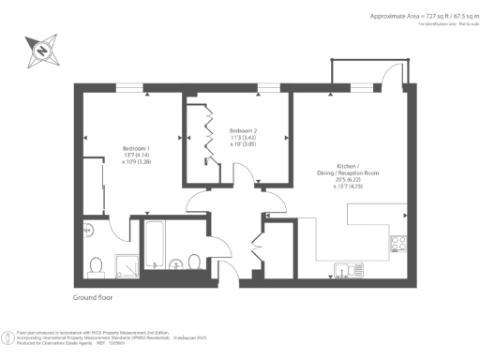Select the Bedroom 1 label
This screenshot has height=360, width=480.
tap(138, 157)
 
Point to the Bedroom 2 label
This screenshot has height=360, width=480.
tap(243, 137)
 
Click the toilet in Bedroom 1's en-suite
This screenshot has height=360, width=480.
tap(95, 267)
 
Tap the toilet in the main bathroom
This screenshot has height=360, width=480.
tap(194, 262)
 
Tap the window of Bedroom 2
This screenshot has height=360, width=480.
tap(267, 88)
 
